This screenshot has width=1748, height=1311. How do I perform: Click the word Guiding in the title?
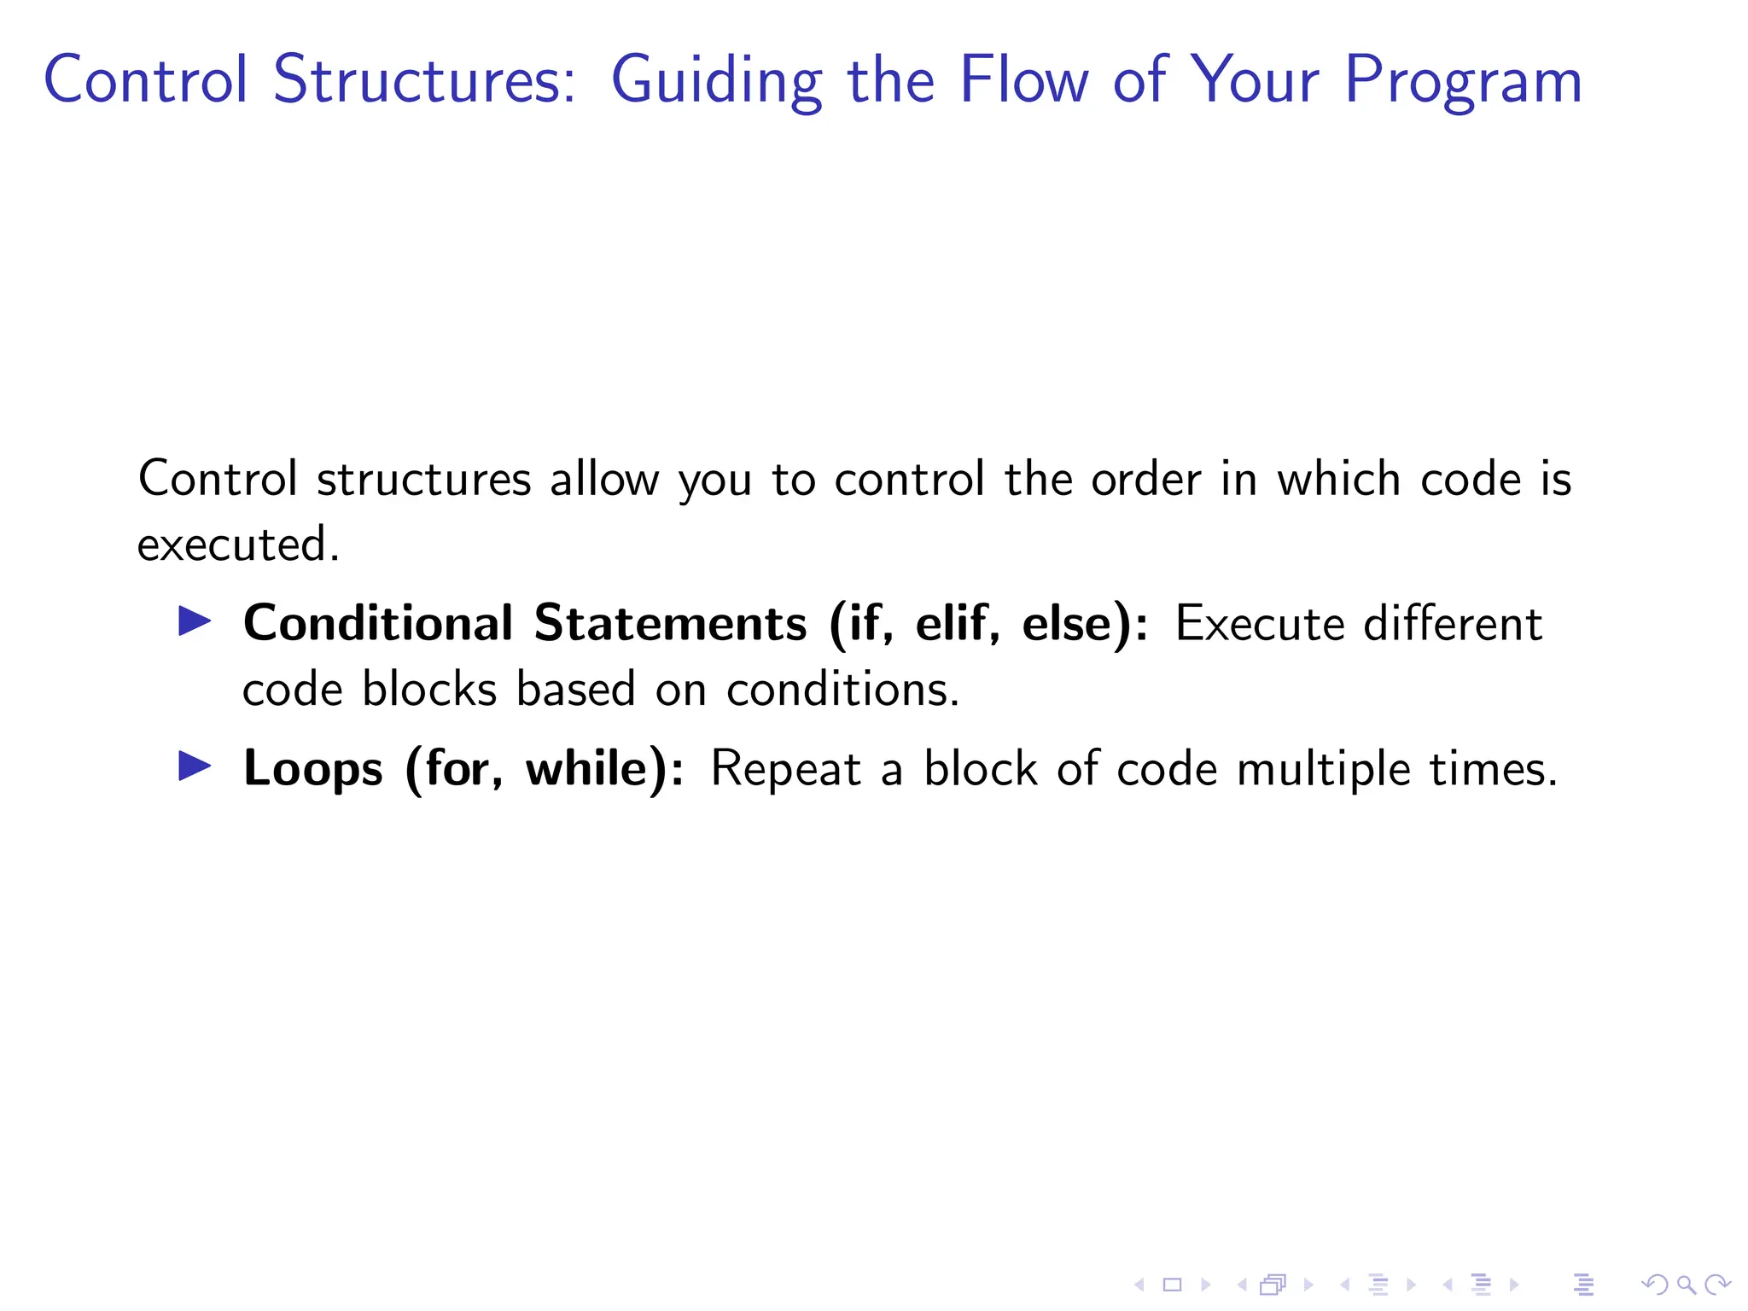[x=715, y=80]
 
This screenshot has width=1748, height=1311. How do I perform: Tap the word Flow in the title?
[x=1023, y=80]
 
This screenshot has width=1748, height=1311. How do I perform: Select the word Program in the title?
[x=1463, y=80]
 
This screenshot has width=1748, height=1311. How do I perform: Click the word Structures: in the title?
[x=424, y=80]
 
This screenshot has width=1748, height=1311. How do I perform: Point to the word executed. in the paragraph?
[x=238, y=545]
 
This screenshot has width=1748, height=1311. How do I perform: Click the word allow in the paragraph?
[x=604, y=479]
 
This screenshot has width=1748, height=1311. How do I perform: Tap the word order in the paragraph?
[x=1145, y=479]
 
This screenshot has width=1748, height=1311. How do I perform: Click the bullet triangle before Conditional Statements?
[x=195, y=621]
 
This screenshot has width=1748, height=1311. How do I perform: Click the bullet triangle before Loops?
[x=195, y=766]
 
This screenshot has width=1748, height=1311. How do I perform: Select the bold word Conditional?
[x=378, y=623]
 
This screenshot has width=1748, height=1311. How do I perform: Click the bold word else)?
[x=1085, y=623]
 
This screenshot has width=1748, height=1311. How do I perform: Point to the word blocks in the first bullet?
[x=429, y=689]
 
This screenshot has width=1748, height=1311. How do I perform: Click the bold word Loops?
[x=312, y=768]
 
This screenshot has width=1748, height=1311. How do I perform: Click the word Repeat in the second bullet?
[x=785, y=768]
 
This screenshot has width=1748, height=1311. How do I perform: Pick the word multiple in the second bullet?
[x=1323, y=768]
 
